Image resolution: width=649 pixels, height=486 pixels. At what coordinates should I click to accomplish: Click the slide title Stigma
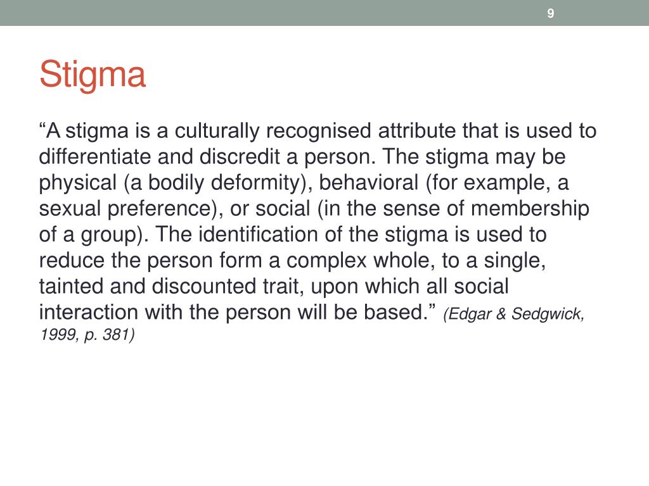pyautogui.click(x=93, y=75)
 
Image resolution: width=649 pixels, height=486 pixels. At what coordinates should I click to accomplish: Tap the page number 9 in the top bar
pyautogui.click(x=551, y=13)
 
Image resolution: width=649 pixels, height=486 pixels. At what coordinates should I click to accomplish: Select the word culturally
pyautogui.click(x=217, y=131)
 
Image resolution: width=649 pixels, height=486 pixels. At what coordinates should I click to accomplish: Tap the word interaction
pyautogui.click(x=89, y=313)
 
